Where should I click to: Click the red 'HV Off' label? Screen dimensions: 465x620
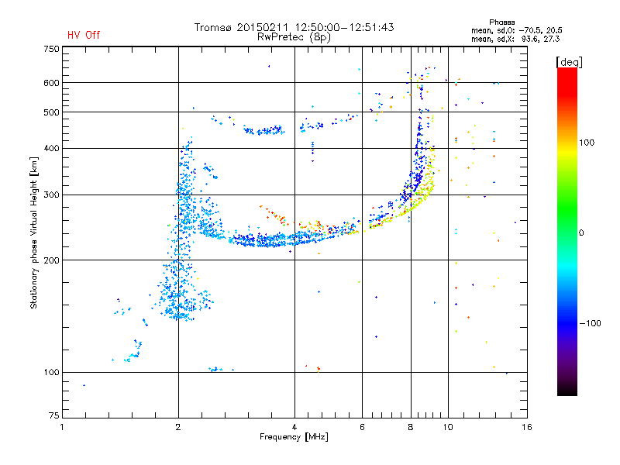[x=84, y=36]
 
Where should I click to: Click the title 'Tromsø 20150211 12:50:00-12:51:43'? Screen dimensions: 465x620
[x=294, y=27]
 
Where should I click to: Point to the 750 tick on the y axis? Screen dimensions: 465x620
[x=51, y=48]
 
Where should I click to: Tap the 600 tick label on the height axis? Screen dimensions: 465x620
[x=51, y=83]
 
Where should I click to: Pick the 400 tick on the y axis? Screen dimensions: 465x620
[x=51, y=148]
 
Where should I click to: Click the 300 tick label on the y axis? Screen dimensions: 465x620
[x=51, y=195]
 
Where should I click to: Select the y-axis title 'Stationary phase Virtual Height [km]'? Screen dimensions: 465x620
[x=34, y=232]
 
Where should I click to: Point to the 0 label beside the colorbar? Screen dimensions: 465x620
[x=582, y=232]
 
